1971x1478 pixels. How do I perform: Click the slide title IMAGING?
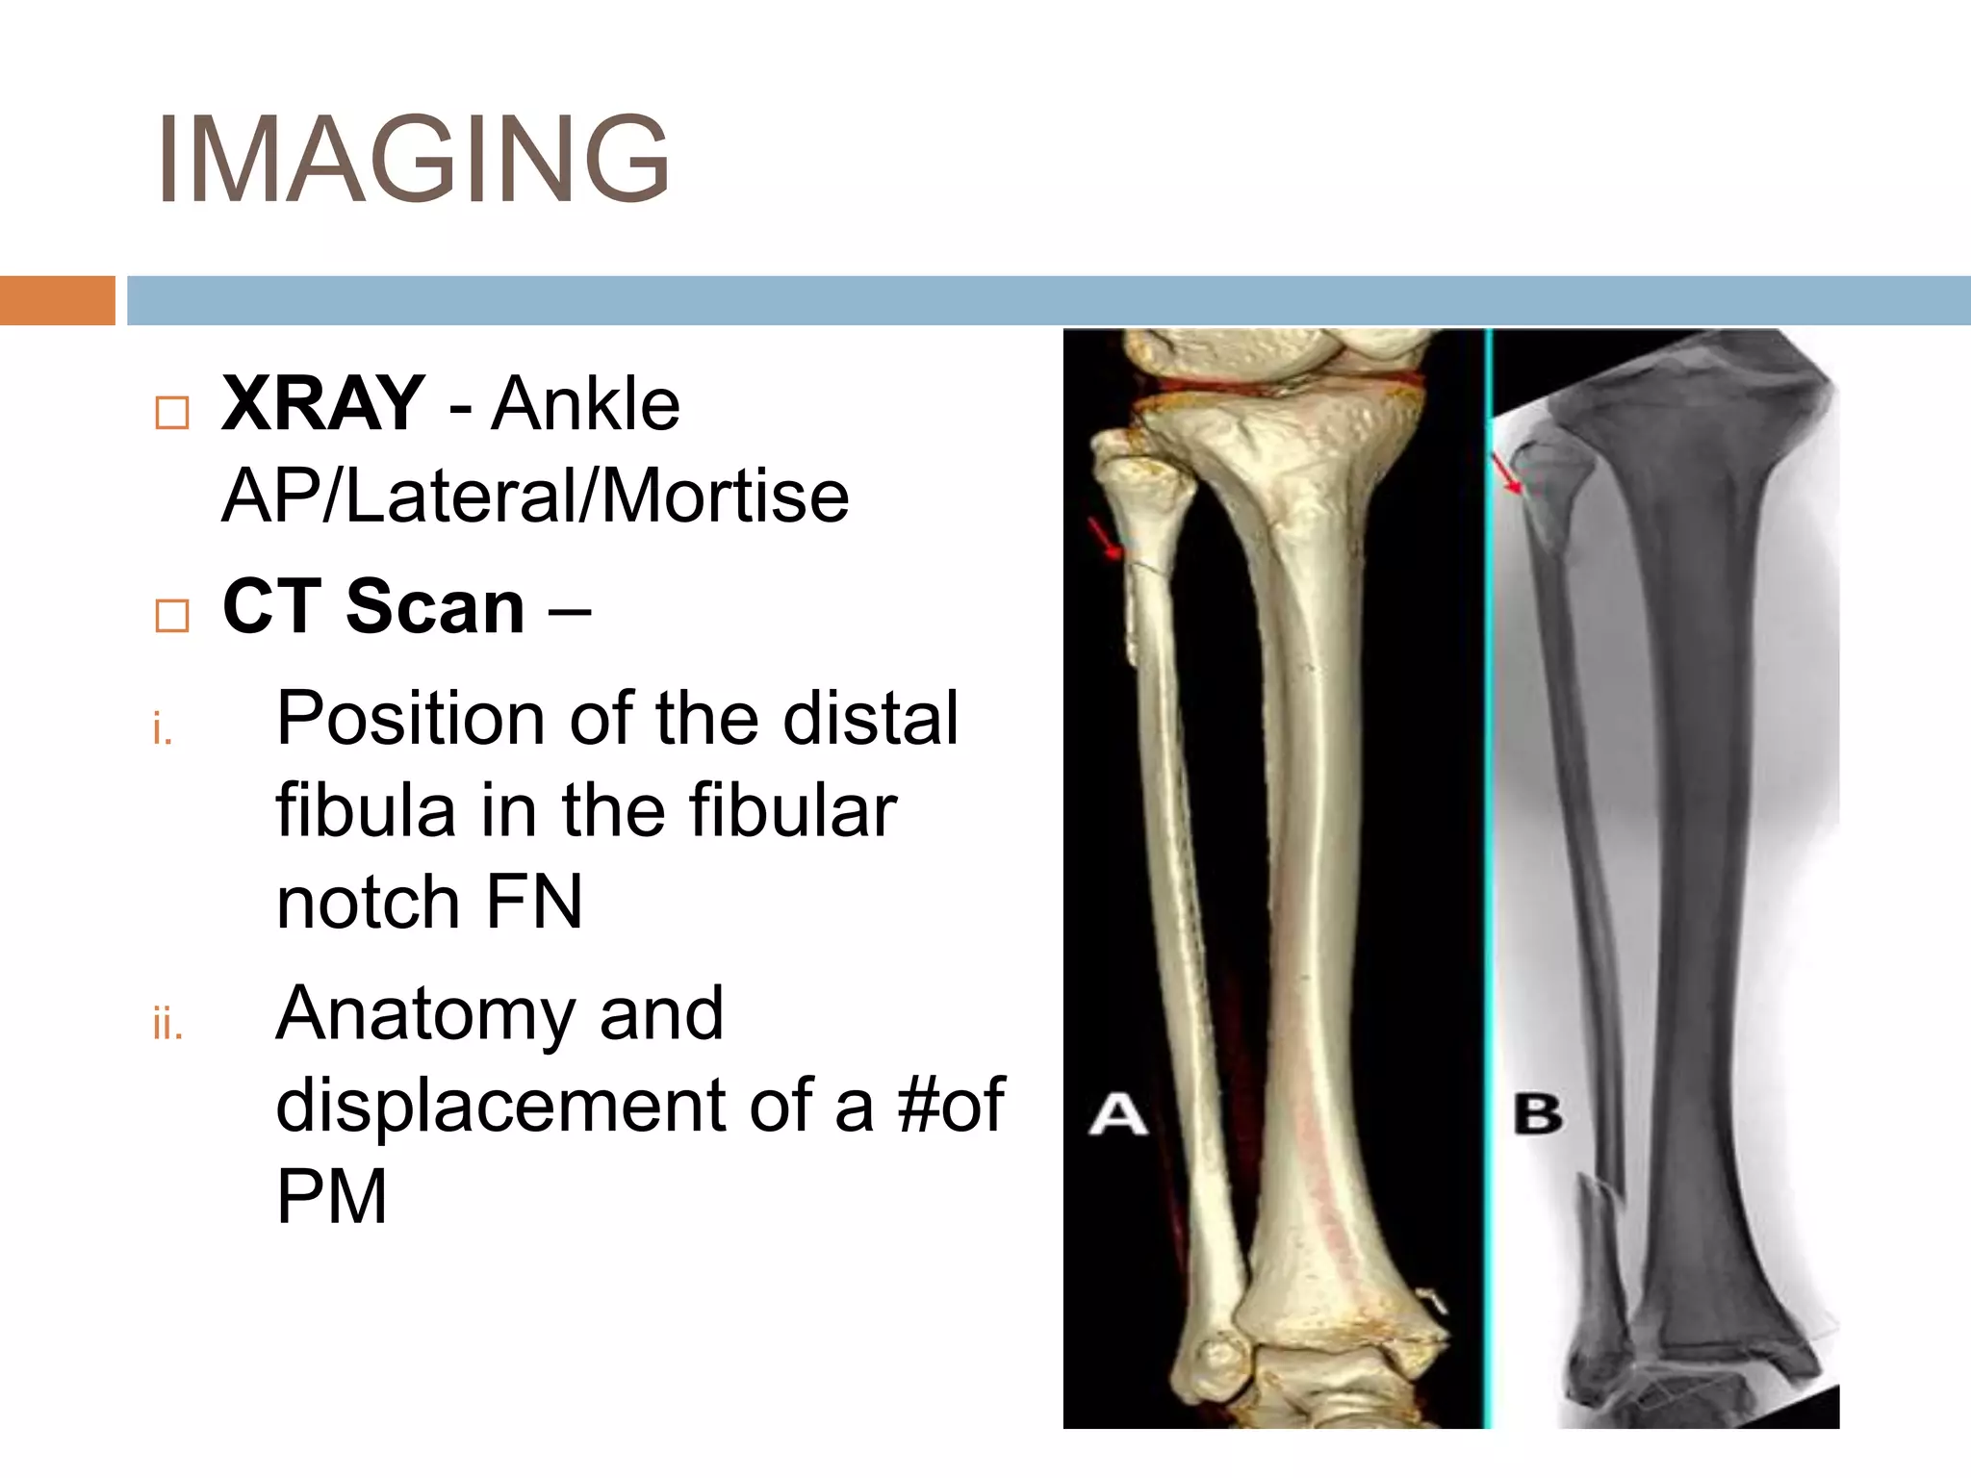click(412, 160)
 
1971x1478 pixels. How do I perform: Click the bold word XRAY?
click(322, 403)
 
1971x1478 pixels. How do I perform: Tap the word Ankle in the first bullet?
click(585, 403)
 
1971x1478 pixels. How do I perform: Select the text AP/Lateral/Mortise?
click(535, 497)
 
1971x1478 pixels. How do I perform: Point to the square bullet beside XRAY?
click(172, 413)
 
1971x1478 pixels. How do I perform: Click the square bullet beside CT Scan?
click(172, 615)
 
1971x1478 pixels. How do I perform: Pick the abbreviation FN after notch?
click(534, 903)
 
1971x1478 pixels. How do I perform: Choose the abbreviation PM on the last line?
click(331, 1197)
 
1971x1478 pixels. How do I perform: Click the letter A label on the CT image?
click(1117, 1115)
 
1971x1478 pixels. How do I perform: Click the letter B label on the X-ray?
click(1537, 1115)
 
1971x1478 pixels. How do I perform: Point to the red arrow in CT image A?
click(1105, 539)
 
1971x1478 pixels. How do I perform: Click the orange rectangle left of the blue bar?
click(57, 300)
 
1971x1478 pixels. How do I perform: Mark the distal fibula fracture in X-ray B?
click(1598, 1203)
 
